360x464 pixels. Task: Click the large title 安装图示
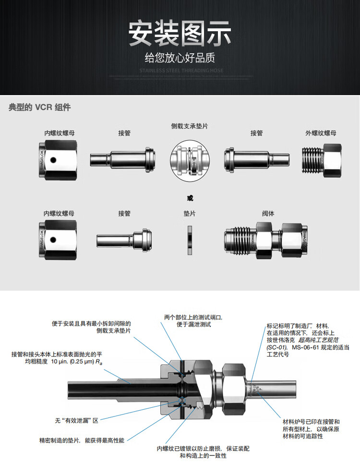(x=180, y=34)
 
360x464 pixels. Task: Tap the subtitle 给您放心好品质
(x=180, y=58)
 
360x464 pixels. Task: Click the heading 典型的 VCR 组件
(x=39, y=107)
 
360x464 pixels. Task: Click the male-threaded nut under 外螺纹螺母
(x=322, y=158)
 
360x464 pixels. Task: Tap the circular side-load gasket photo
(x=190, y=158)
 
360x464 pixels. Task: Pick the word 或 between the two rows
(x=190, y=197)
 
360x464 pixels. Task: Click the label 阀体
(x=268, y=213)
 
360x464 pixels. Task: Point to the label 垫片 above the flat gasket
(x=190, y=213)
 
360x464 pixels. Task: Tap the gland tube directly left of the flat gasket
(x=124, y=239)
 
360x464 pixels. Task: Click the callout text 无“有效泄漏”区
(x=77, y=420)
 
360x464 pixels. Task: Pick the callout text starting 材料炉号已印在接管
(x=311, y=429)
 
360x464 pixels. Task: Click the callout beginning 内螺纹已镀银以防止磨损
(x=203, y=452)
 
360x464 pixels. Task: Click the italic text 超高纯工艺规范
(x=319, y=340)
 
